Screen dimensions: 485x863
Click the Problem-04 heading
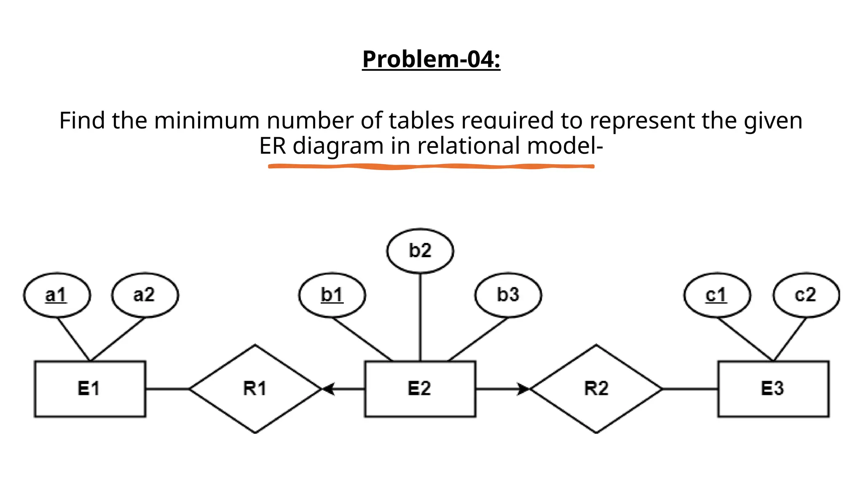tap(431, 59)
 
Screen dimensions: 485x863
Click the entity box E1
tap(90, 389)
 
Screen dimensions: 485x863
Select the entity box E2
tap(420, 389)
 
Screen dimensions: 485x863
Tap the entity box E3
tap(773, 389)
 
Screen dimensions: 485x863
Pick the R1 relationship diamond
tap(255, 389)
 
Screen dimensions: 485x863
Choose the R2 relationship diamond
tap(596, 389)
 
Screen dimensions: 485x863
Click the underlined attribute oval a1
tap(56, 295)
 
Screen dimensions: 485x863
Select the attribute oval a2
tap(145, 295)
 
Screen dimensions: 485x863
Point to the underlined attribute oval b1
tap(332, 295)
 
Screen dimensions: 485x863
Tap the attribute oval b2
tap(420, 251)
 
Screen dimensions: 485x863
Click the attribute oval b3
tap(508, 295)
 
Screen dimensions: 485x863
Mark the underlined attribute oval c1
tap(716, 295)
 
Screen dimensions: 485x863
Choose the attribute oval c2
tap(806, 295)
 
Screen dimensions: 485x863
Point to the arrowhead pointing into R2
tap(523, 389)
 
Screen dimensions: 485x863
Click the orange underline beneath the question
tap(431, 167)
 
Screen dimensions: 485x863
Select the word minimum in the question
tap(206, 121)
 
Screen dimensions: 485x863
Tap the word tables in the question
tap(421, 121)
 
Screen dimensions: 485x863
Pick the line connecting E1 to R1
tap(168, 389)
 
